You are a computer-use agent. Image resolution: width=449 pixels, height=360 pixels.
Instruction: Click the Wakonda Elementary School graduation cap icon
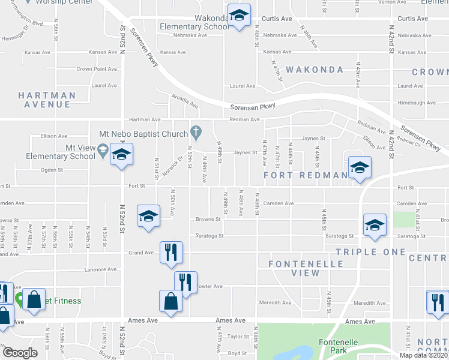point(239,17)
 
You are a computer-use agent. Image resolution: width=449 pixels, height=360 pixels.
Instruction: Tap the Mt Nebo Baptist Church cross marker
point(195,131)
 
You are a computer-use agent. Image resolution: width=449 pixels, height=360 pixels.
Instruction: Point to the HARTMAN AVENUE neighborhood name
point(47,100)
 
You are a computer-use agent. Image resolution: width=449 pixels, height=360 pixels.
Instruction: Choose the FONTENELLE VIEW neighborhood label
point(306,268)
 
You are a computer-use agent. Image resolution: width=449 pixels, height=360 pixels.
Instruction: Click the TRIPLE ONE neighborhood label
point(370,252)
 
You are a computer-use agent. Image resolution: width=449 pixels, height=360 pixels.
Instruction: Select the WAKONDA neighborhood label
point(315,70)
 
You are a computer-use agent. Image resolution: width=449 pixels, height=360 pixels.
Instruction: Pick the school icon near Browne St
point(148,217)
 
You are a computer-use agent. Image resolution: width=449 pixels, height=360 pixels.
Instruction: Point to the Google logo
point(20,353)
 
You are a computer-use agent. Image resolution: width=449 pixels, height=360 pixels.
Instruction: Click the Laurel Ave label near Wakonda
point(243,86)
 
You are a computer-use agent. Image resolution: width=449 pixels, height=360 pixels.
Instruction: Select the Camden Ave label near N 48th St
point(278,203)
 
